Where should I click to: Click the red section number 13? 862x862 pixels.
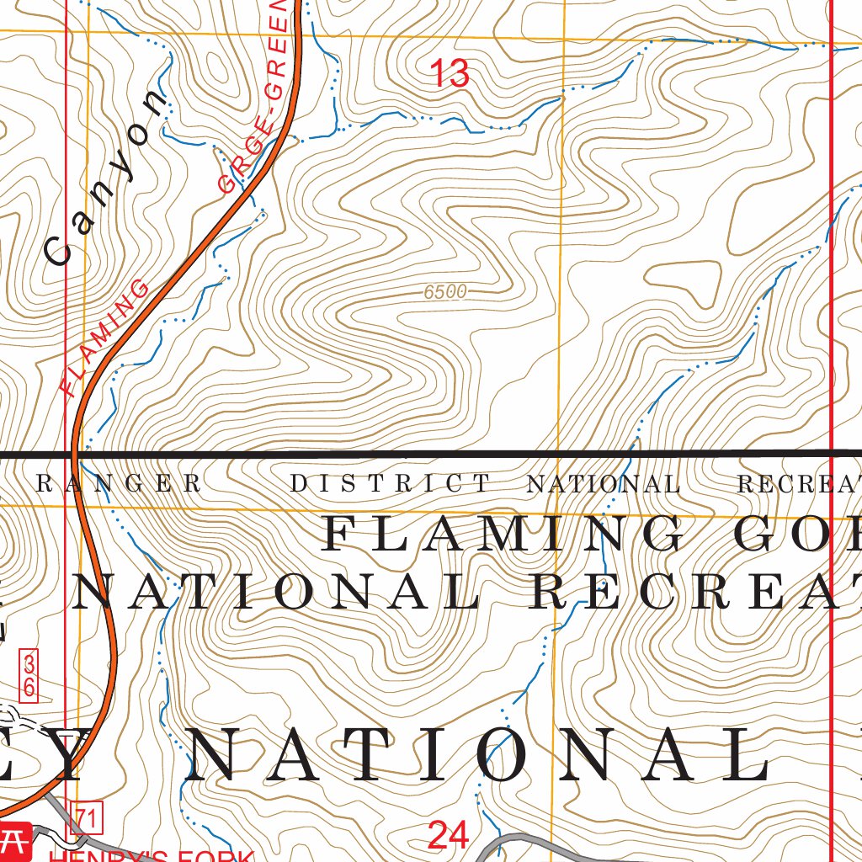tap(450, 74)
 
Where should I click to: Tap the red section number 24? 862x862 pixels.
tap(448, 835)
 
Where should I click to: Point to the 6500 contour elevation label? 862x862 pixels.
tap(445, 292)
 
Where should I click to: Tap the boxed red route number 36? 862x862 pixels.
tap(29, 674)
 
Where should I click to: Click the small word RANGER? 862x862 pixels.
tap(120, 484)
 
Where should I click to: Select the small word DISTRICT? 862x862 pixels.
tap(390, 484)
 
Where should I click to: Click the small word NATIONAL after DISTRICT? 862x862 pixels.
tap(603, 485)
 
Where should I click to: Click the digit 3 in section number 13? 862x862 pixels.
tap(459, 74)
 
